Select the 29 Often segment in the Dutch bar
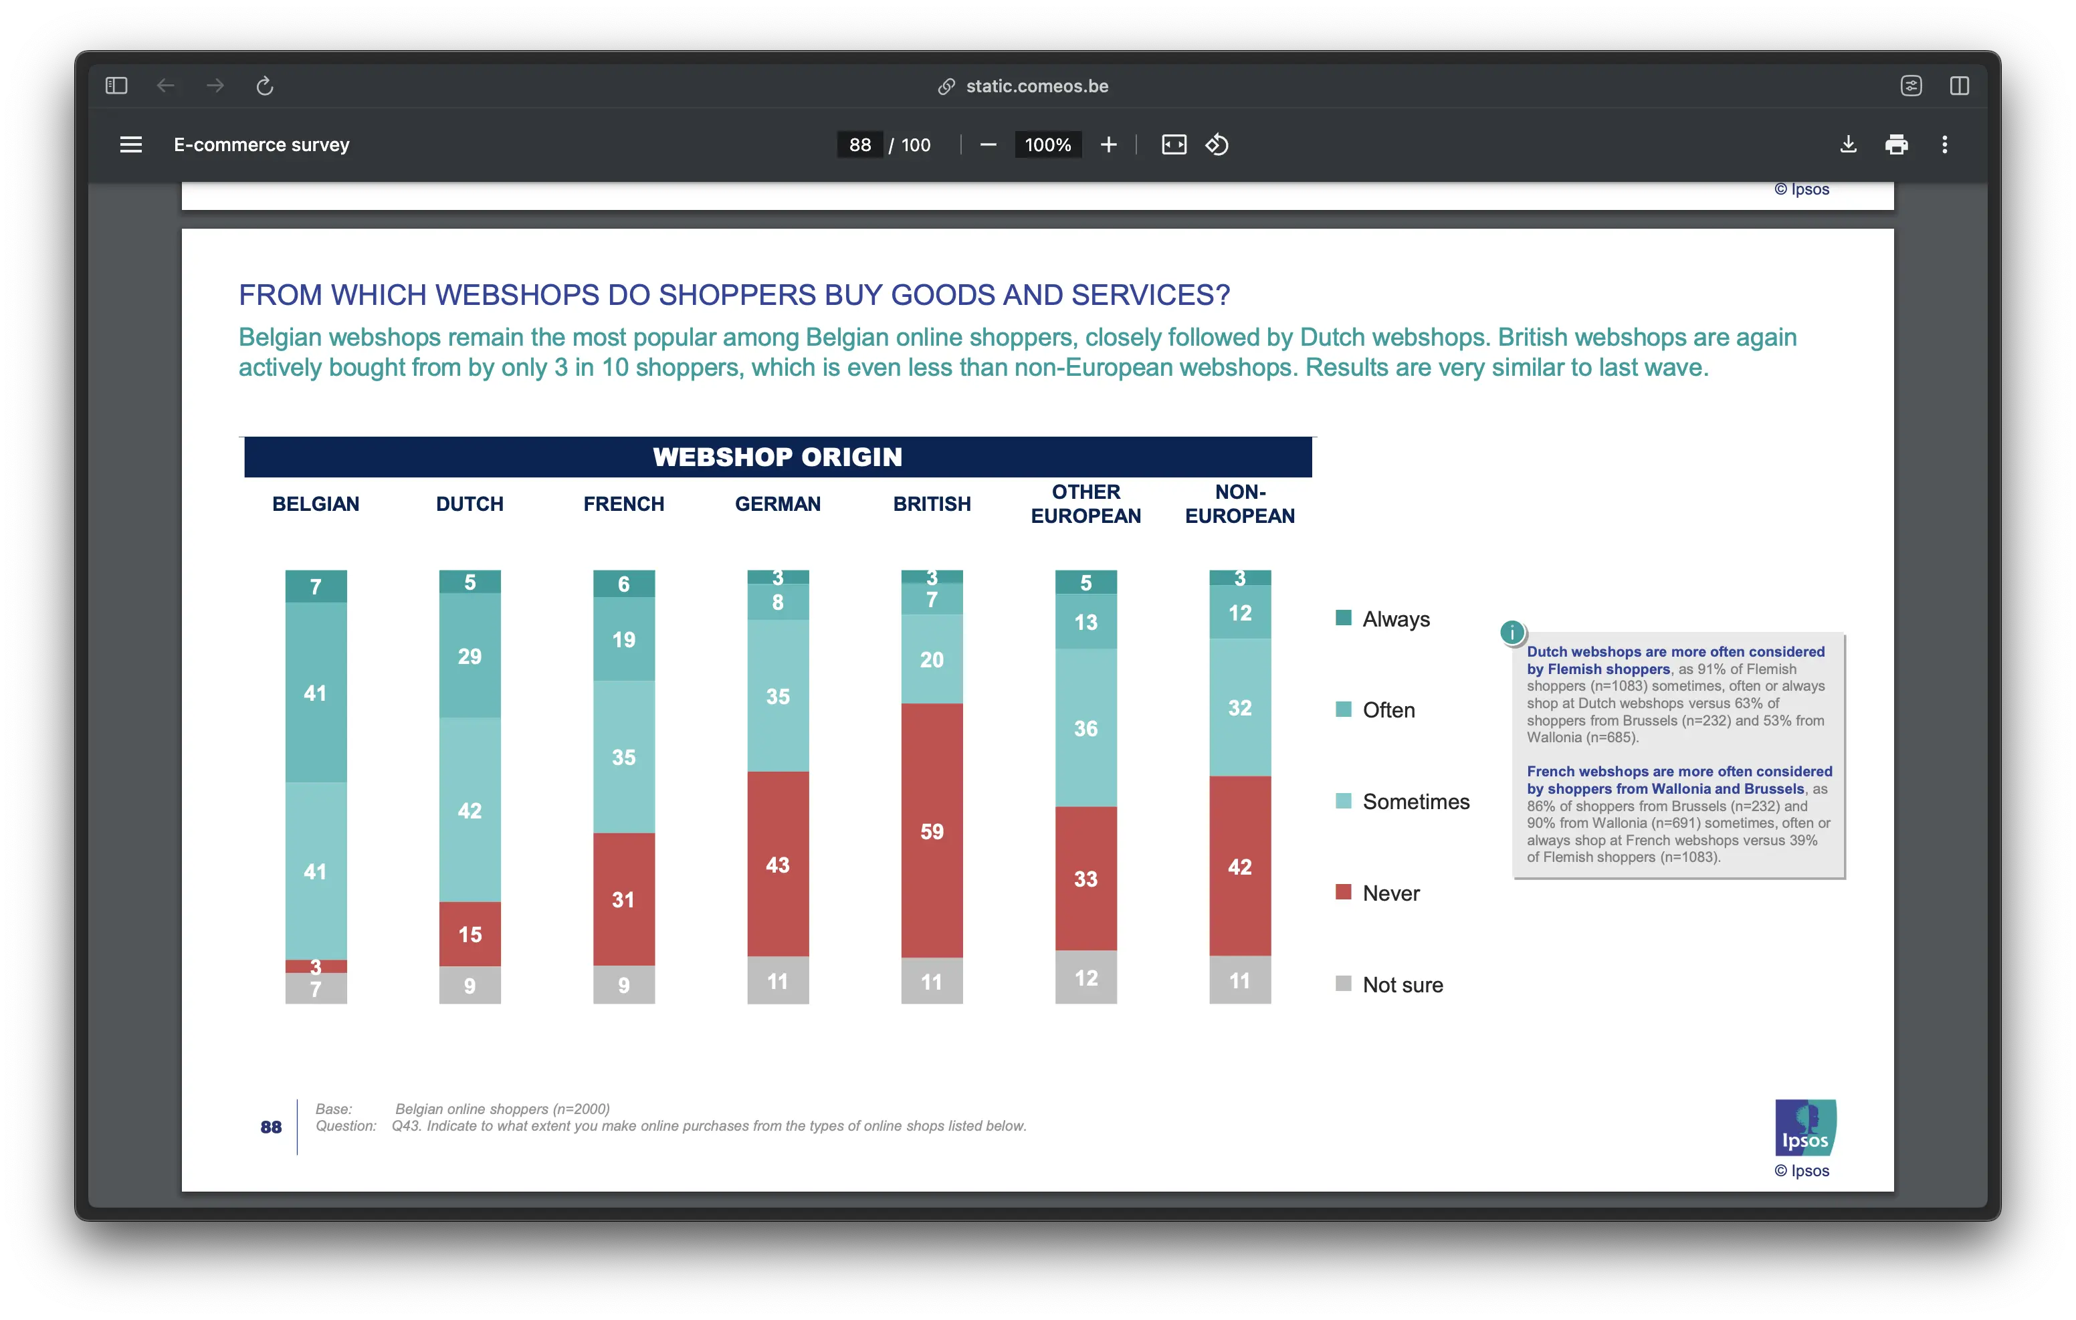click(470, 655)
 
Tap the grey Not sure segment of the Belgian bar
click(316, 989)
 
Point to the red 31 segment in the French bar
click(623, 899)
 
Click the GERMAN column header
click(778, 504)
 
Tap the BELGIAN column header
click(316, 504)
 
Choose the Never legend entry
click(1390, 893)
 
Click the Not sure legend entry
click(1402, 984)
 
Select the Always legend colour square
click(1343, 618)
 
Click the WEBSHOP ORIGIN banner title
click(778, 457)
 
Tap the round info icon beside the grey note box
click(1512, 633)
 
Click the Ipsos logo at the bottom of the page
click(1804, 1127)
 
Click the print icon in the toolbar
click(1897, 145)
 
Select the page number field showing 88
click(859, 145)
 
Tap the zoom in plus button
click(1109, 145)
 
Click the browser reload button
click(265, 86)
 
